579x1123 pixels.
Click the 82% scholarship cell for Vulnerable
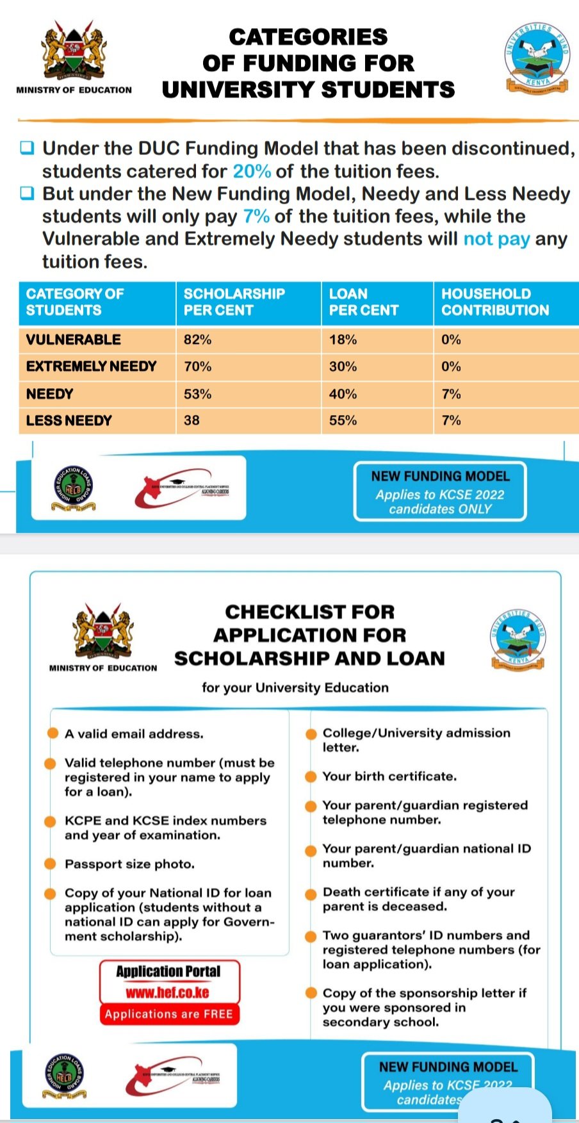click(x=198, y=340)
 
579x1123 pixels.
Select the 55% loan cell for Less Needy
click(x=343, y=420)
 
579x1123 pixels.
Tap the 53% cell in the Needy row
click(x=198, y=394)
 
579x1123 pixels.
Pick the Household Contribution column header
click(x=495, y=302)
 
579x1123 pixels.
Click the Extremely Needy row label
click(x=91, y=366)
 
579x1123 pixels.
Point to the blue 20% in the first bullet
click(x=252, y=172)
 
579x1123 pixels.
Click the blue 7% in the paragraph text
click(x=256, y=217)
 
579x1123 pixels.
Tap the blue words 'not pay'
click(x=496, y=239)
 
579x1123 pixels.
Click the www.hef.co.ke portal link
click(x=168, y=993)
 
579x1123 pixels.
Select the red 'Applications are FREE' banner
click(x=169, y=1014)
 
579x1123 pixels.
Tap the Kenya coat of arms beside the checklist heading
click(x=102, y=630)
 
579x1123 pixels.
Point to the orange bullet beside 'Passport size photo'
click(x=50, y=864)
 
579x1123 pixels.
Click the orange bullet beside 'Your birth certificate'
click(x=311, y=776)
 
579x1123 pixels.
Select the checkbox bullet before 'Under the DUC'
click(x=27, y=148)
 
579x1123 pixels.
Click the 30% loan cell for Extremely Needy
click(x=343, y=366)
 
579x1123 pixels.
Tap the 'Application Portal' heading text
click(x=168, y=972)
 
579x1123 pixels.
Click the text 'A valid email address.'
click(x=134, y=734)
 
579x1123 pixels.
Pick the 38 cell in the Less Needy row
click(x=192, y=420)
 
